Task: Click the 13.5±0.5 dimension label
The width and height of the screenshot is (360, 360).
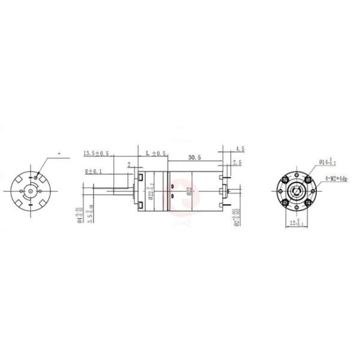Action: click(x=95, y=154)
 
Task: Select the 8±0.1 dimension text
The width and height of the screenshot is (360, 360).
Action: click(x=93, y=172)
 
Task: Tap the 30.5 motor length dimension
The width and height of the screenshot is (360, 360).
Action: click(x=194, y=158)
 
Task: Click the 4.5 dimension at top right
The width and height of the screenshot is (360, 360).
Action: click(x=240, y=148)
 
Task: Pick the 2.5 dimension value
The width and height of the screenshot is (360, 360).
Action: click(x=237, y=163)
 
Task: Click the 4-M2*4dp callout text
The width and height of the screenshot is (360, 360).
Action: click(x=337, y=178)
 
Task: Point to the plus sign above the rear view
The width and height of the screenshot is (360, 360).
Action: click(x=59, y=154)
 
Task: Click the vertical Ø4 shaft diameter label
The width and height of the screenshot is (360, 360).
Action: click(x=80, y=214)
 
